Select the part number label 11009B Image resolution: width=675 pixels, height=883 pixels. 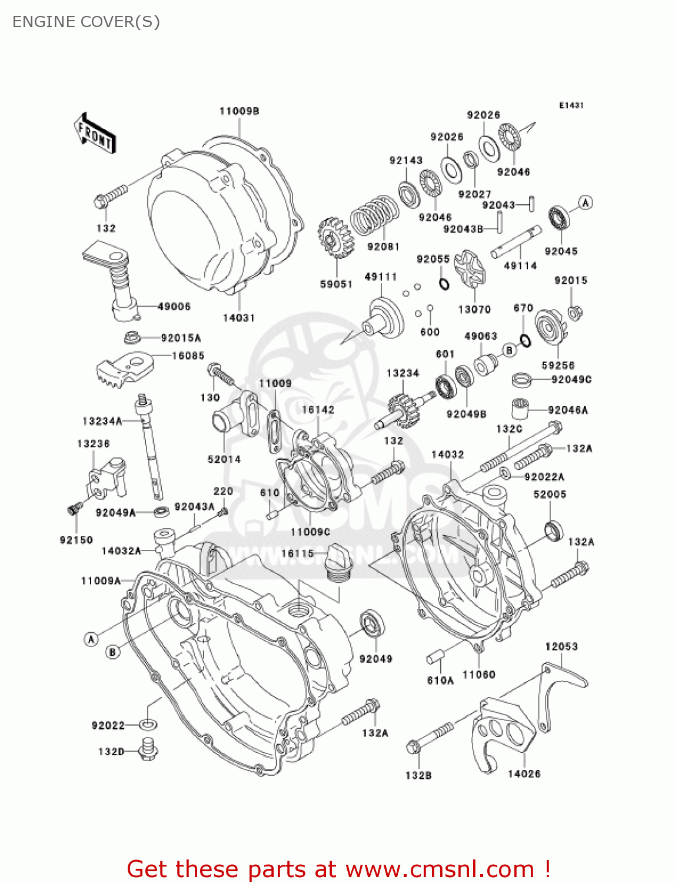coord(239,111)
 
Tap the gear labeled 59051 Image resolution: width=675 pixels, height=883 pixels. coord(335,237)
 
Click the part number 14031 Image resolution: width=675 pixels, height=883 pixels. coord(238,318)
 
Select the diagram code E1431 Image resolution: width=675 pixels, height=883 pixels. coord(571,105)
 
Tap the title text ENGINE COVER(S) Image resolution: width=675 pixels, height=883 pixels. coord(86,22)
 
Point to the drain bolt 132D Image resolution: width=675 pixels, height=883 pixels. coord(148,749)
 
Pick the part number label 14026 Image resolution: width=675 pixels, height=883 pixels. coord(524,774)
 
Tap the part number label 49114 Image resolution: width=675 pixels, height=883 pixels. coord(520,266)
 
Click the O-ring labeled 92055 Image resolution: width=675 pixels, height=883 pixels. coord(444,284)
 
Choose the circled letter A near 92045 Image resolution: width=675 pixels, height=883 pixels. coord(585,203)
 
